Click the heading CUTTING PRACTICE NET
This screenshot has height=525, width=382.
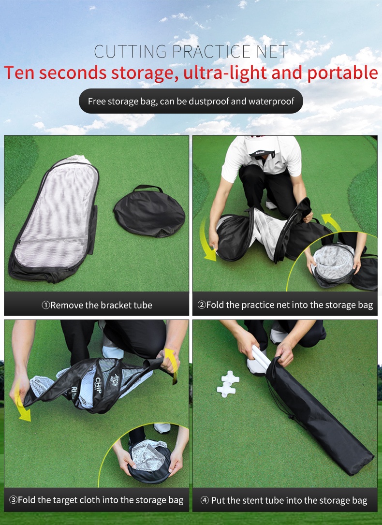click(191, 51)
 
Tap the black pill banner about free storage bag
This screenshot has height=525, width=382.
click(191, 102)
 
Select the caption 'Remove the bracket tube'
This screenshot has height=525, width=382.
click(97, 305)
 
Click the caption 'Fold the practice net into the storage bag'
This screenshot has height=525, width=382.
click(285, 305)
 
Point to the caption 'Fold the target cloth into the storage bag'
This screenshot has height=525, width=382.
click(97, 500)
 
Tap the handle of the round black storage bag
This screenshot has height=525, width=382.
click(148, 188)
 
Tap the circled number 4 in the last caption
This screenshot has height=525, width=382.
click(205, 500)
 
